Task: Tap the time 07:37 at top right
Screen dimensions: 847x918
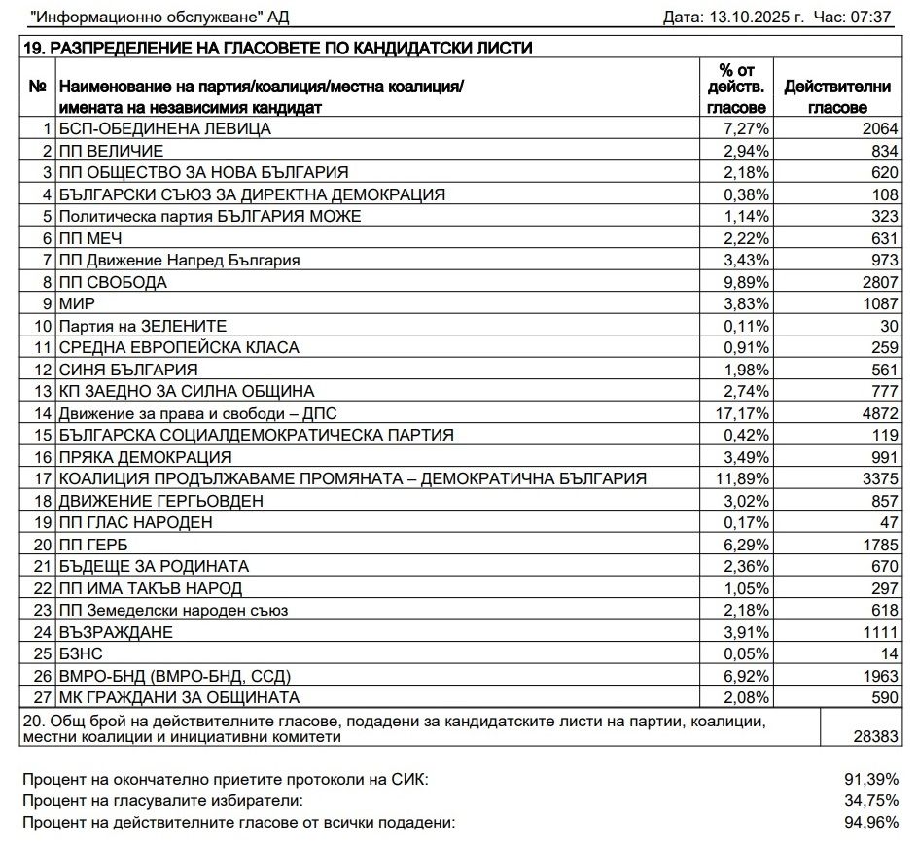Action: [x=873, y=18]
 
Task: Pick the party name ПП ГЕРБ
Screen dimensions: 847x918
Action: [x=94, y=545]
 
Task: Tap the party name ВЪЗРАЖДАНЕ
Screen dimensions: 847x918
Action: [x=117, y=632]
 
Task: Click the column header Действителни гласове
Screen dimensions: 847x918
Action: [x=837, y=96]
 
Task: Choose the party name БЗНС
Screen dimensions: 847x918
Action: [x=81, y=653]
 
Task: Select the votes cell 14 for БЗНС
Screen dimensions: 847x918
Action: [x=883, y=653]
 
